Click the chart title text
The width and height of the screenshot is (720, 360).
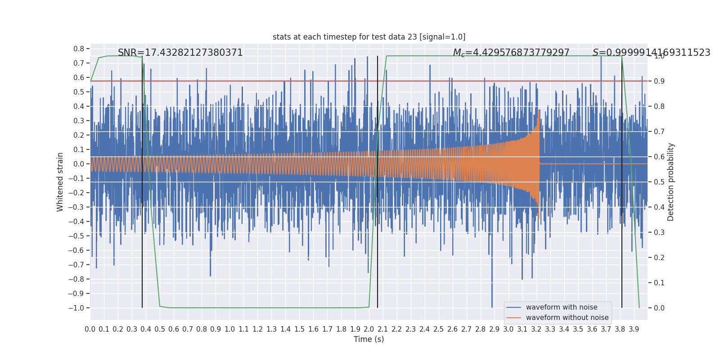click(x=369, y=37)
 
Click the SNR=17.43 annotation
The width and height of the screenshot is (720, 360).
click(x=180, y=53)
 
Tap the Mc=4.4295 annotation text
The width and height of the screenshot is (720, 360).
click(x=511, y=53)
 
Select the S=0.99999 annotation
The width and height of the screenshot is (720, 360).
click(x=651, y=53)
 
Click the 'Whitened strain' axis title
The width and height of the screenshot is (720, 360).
click(x=60, y=182)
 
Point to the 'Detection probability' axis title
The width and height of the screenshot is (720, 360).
click(x=671, y=182)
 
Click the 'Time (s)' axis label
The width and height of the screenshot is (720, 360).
click(x=369, y=339)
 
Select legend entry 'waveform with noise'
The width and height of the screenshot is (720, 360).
click(x=561, y=307)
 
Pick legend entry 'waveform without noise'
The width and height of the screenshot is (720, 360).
click(x=567, y=318)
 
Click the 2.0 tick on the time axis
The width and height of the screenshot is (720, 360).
click(x=369, y=329)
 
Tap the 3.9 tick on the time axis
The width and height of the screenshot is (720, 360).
click(x=634, y=329)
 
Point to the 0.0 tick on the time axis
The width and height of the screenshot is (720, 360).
click(x=90, y=329)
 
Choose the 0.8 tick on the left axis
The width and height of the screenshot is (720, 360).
click(x=79, y=49)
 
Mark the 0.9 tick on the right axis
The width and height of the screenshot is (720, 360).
click(x=659, y=81)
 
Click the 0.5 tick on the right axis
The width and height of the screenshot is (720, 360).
click(x=659, y=182)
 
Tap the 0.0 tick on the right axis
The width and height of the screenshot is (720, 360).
click(x=659, y=308)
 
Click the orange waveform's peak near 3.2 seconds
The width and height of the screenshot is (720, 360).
click(x=539, y=110)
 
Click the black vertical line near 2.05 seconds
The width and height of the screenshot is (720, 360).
click(x=378, y=225)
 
